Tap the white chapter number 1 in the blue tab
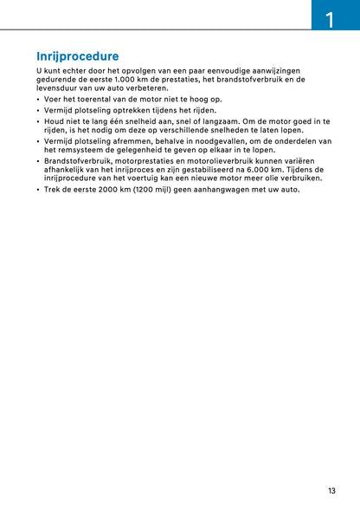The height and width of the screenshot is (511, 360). (x=330, y=18)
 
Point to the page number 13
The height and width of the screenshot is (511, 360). (x=331, y=491)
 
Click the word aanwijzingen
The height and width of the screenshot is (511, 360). (x=273, y=70)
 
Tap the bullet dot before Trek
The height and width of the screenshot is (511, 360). (x=38, y=190)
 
